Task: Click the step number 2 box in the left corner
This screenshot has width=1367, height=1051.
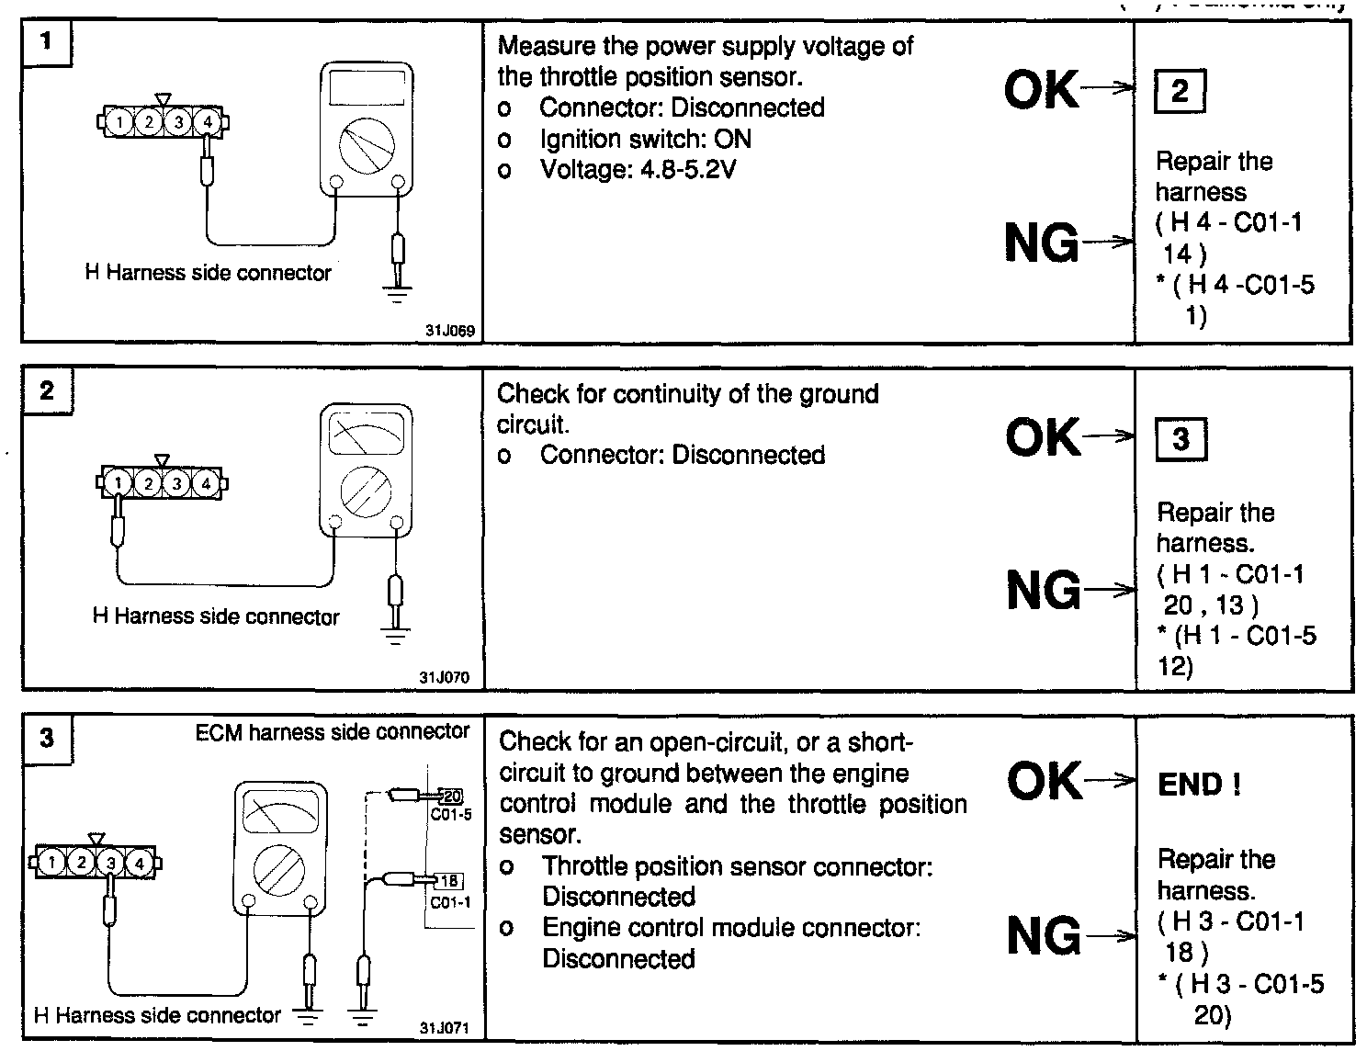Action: [x=47, y=390]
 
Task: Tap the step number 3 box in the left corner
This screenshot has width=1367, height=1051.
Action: [x=48, y=738]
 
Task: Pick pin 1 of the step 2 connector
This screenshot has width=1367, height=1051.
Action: [x=118, y=481]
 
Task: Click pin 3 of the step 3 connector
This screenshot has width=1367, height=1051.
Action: [x=110, y=863]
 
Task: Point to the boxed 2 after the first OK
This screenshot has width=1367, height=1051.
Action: [x=1180, y=91]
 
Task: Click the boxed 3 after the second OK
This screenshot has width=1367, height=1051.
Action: [x=1181, y=439]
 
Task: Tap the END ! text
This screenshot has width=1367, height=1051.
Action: [x=1200, y=784]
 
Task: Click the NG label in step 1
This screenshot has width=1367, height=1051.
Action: [x=1041, y=243]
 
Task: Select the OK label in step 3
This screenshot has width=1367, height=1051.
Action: [x=1044, y=782]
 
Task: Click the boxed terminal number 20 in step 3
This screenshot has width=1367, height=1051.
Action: [x=452, y=796]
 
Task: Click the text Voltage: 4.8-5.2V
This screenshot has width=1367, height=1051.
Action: [x=638, y=170]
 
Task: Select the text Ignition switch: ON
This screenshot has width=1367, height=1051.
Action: [x=645, y=139]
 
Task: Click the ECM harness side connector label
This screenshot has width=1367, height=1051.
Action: [x=333, y=731]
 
